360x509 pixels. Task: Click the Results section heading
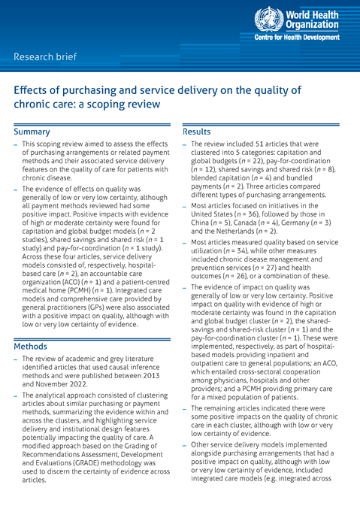198,132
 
